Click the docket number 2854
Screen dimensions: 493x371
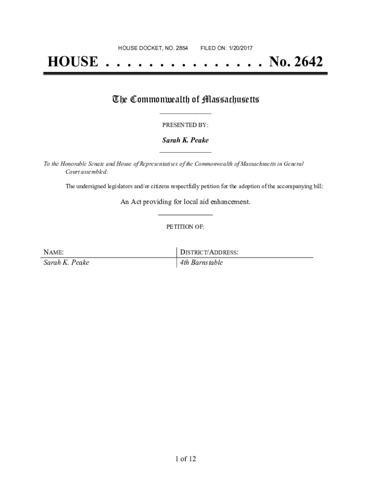[182, 48]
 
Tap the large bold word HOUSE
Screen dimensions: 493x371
[72, 62]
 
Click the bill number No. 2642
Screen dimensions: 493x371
[296, 62]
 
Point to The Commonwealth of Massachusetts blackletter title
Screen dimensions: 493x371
[185, 100]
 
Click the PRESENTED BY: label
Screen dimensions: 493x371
[185, 125]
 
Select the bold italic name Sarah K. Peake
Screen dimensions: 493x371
[185, 140]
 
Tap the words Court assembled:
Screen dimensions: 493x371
[87, 171]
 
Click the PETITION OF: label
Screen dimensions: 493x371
[185, 227]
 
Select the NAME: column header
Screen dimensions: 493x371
[53, 252]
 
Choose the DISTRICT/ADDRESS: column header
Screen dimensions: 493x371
[209, 252]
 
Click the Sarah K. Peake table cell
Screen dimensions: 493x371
[66, 263]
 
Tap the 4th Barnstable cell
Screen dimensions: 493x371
[201, 263]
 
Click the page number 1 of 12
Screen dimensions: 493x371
[185, 459]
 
